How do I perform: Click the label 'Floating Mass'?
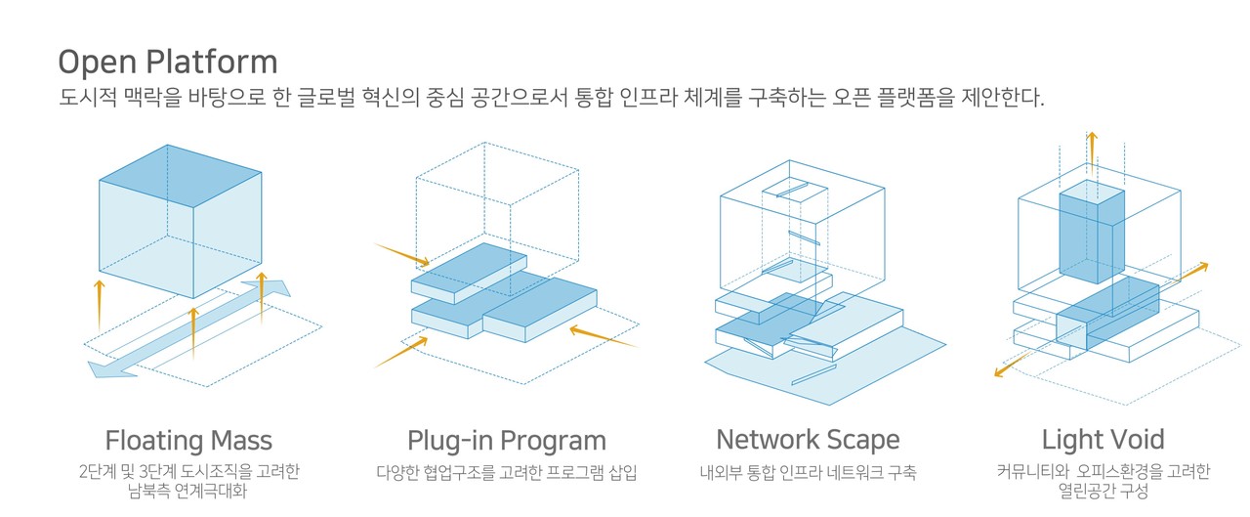coord(188,440)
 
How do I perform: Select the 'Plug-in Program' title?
coord(507,440)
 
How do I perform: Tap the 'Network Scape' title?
coord(808,439)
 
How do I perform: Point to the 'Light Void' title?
coord(1103,440)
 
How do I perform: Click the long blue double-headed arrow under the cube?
coord(190,327)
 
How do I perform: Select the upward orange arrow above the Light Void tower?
coord(1092,151)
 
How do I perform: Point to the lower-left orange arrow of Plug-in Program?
coord(401,351)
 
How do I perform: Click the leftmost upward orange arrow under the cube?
coord(99,306)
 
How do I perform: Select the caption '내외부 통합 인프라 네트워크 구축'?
coord(808,473)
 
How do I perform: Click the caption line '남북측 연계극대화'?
coord(187,491)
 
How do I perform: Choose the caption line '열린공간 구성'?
coord(1103,491)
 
